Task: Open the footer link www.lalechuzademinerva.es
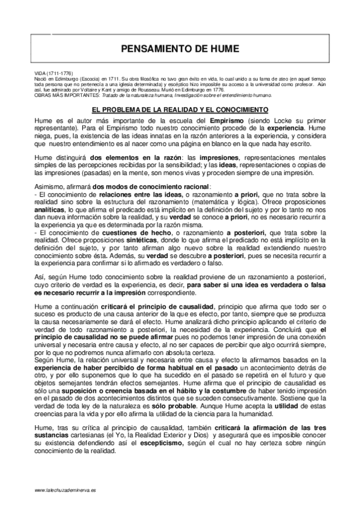click(x=66, y=491)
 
